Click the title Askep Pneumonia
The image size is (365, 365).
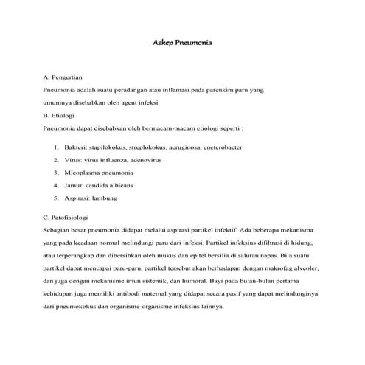click(181, 44)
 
